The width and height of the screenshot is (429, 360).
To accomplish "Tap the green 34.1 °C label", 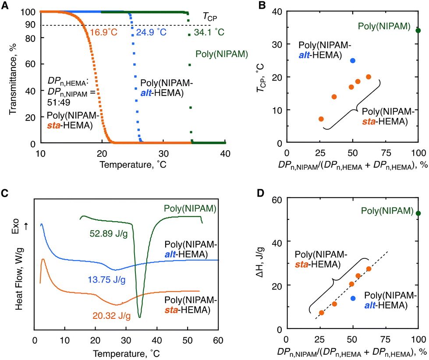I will coord(209,32).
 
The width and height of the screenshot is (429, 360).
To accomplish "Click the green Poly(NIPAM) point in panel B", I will coord(418,31).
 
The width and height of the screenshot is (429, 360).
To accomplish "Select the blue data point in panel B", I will coord(353,60).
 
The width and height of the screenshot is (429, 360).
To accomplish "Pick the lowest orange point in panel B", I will coord(321,119).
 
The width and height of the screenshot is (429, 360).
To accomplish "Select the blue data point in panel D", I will coord(353,298).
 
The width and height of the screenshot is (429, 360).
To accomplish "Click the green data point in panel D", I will coord(418,213).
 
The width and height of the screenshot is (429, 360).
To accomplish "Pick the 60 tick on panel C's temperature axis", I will coord(218,339).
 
